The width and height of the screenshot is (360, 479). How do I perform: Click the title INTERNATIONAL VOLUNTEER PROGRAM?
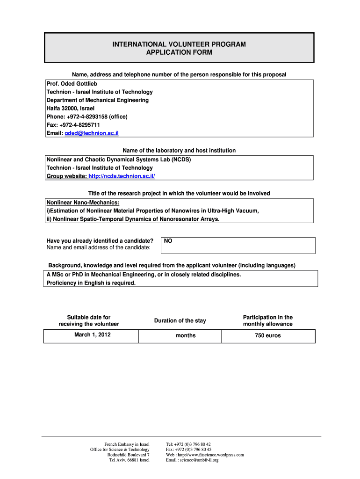(x=179, y=44)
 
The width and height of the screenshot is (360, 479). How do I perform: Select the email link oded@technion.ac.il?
(x=92, y=133)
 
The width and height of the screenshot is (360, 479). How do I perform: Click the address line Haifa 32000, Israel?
(x=70, y=109)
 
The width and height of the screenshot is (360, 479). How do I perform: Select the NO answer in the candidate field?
(x=168, y=241)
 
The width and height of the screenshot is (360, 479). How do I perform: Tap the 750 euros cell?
(x=268, y=336)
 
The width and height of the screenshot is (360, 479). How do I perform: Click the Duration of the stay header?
(x=180, y=321)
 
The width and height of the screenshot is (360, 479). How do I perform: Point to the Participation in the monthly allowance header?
(x=267, y=321)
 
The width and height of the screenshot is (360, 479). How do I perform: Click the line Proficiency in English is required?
(x=91, y=283)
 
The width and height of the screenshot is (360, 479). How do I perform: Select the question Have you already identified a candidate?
(x=100, y=241)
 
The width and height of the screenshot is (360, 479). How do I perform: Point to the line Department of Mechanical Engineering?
(x=97, y=100)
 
